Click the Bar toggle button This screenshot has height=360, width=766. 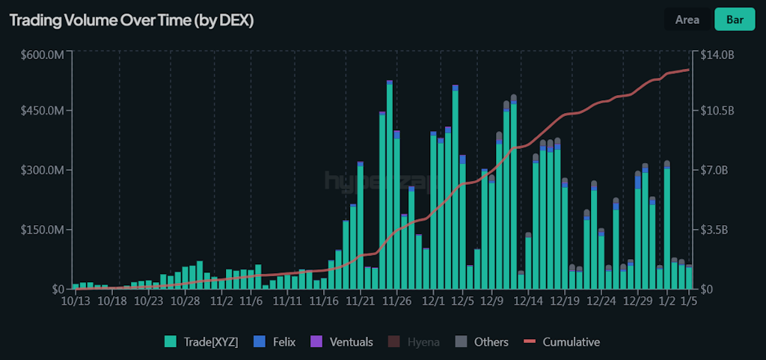(735, 19)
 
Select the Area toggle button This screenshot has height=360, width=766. (687, 19)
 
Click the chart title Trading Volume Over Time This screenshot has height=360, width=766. (132, 21)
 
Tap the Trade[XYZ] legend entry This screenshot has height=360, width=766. (201, 342)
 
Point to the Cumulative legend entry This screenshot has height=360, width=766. (562, 342)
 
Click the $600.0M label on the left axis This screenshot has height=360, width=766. (41, 54)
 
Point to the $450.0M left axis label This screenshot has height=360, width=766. (41, 112)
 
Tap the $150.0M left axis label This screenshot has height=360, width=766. (41, 229)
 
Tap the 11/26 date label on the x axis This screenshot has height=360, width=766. (397, 301)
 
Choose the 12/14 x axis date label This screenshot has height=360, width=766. (528, 301)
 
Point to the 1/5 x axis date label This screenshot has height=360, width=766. (690, 301)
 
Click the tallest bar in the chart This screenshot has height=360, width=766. (390, 187)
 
